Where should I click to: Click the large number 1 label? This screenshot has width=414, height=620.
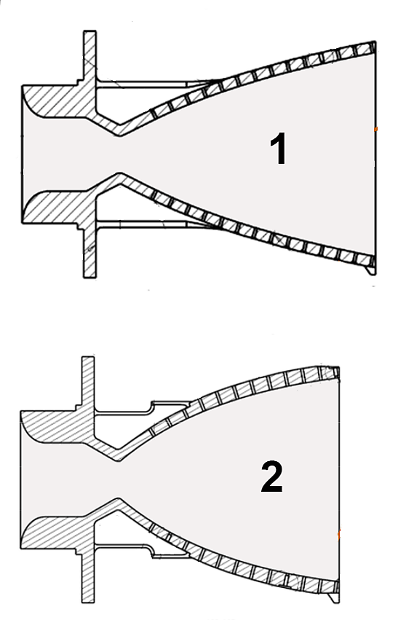click(278, 149)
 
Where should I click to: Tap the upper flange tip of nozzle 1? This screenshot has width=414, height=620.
click(89, 31)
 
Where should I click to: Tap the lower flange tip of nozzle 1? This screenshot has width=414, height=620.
click(89, 277)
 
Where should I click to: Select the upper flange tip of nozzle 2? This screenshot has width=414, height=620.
click(88, 358)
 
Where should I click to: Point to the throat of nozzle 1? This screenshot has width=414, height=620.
click(120, 154)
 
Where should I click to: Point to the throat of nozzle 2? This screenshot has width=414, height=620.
click(119, 480)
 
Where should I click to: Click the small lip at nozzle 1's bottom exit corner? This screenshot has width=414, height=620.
click(370, 270)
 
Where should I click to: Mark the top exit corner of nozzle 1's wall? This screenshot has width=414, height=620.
click(375, 42)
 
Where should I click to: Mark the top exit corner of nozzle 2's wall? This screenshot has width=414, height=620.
click(338, 368)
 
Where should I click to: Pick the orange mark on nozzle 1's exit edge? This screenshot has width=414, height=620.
click(376, 129)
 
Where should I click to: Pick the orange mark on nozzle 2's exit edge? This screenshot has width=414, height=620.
click(339, 535)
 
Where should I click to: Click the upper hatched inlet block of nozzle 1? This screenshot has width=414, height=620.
click(59, 101)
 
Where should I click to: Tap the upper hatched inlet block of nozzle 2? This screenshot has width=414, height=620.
click(58, 427)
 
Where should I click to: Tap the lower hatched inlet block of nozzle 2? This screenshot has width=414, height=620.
click(58, 533)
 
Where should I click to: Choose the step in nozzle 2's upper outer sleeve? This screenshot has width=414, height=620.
click(151, 407)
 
